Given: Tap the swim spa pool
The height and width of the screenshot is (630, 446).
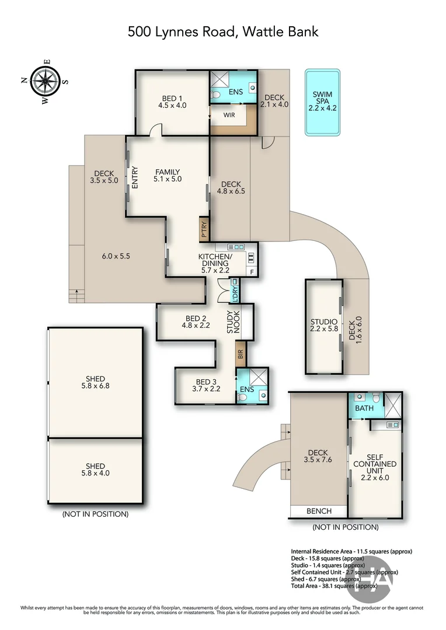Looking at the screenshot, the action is tap(323, 102).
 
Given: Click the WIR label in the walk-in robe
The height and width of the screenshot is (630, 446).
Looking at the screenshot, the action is tap(229, 115).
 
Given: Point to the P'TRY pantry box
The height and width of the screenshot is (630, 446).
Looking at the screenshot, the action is tap(204, 229).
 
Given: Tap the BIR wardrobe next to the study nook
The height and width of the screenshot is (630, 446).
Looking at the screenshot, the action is tap(241, 354).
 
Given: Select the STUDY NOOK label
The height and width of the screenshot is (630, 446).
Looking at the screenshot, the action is tap(234, 322).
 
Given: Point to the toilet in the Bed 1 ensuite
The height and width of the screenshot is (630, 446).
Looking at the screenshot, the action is tap(216, 95).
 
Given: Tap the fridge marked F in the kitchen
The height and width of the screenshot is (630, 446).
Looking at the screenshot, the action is tap(252, 272).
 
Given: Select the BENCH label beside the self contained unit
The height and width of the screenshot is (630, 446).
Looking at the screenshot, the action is tap(319, 511).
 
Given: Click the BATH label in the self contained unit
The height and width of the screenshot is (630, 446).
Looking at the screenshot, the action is tap(364, 408).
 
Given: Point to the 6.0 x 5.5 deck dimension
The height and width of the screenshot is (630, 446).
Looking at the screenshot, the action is tap(116, 256).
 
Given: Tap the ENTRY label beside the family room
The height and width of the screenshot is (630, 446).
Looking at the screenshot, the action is tap(135, 177).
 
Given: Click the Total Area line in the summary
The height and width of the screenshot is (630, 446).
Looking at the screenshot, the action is tap(334, 586).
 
